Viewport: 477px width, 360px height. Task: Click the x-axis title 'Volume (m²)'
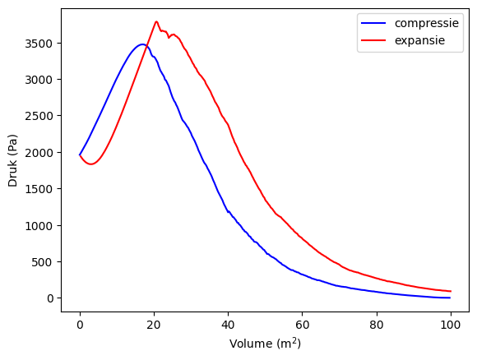(265, 344)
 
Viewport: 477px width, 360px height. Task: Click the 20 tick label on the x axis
(154, 324)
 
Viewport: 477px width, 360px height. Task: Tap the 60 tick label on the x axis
(303, 324)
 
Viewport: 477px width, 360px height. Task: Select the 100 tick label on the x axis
(451, 324)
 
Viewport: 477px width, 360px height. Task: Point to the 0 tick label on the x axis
(80, 324)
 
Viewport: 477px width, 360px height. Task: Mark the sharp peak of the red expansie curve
(156, 22)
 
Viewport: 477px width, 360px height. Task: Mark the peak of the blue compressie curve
(142, 44)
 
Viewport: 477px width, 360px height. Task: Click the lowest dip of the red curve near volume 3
(90, 164)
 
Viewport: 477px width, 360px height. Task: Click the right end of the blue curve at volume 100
(451, 298)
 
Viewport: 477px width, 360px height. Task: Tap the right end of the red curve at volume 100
(451, 291)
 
